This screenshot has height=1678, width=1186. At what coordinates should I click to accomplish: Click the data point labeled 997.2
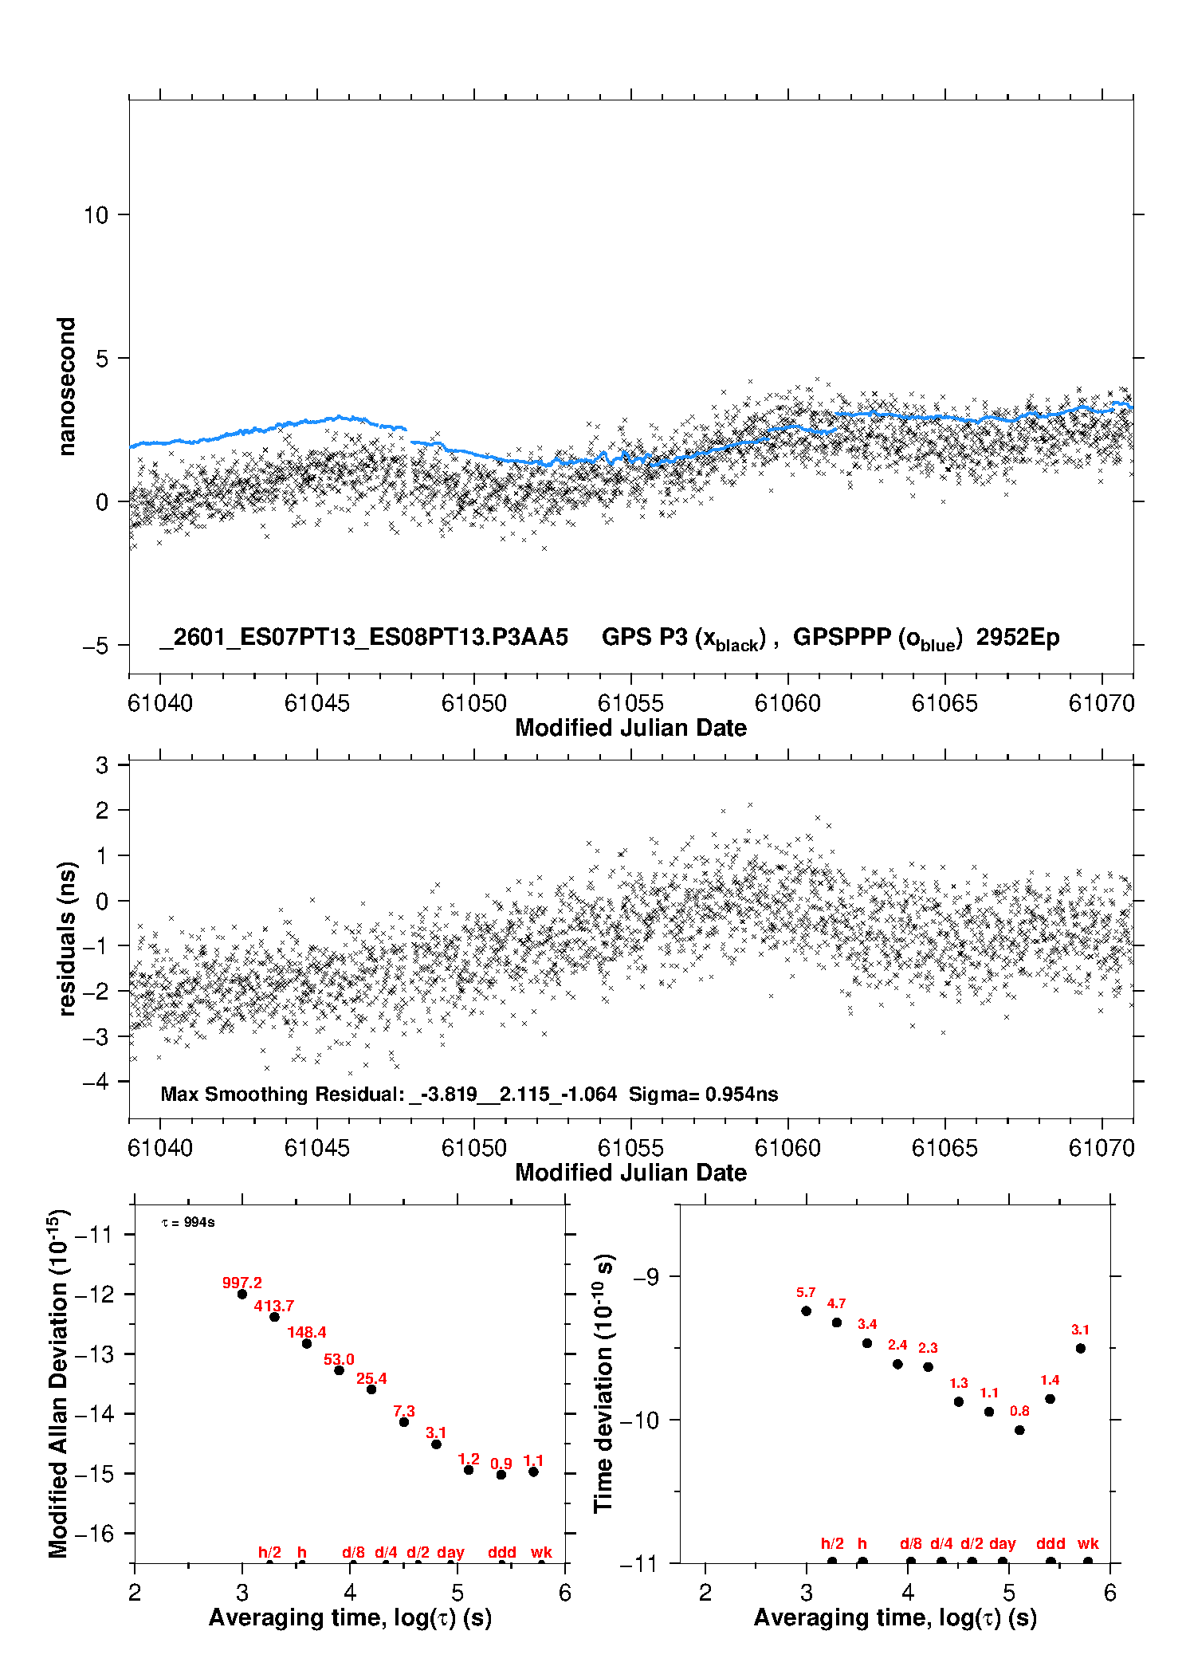coord(242,1294)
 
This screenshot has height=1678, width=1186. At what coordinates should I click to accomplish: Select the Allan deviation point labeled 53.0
coord(339,1370)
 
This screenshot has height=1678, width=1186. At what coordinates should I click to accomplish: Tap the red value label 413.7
coord(274,1307)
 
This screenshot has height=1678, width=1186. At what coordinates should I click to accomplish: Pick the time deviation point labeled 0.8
coord(1019,1430)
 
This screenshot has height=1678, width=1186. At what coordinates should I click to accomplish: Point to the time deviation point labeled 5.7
coord(806,1311)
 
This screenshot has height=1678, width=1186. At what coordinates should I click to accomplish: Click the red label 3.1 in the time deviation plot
coord(1080,1330)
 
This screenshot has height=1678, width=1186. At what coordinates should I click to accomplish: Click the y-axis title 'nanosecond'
coord(66,387)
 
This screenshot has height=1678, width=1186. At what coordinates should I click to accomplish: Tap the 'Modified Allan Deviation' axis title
coord(58,1383)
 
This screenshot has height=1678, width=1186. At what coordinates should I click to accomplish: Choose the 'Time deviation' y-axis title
coord(603,1383)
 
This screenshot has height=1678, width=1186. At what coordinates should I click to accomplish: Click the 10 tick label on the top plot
coord(96,215)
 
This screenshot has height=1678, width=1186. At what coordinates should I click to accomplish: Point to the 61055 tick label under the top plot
coord(630,704)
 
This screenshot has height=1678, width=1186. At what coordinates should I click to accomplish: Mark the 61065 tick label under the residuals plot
coord(944,1149)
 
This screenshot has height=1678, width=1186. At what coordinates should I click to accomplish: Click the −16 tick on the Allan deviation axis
coord(93,1534)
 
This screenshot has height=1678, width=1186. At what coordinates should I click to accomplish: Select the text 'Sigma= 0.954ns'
coord(703,1094)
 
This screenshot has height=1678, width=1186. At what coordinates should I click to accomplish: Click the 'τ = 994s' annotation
coord(188,1223)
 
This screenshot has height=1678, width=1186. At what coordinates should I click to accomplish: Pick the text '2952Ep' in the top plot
coord(1018,638)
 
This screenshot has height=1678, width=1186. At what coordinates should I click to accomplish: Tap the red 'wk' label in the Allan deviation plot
coord(541,1553)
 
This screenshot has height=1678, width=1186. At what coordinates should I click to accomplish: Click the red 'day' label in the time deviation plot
coord(1002,1544)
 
